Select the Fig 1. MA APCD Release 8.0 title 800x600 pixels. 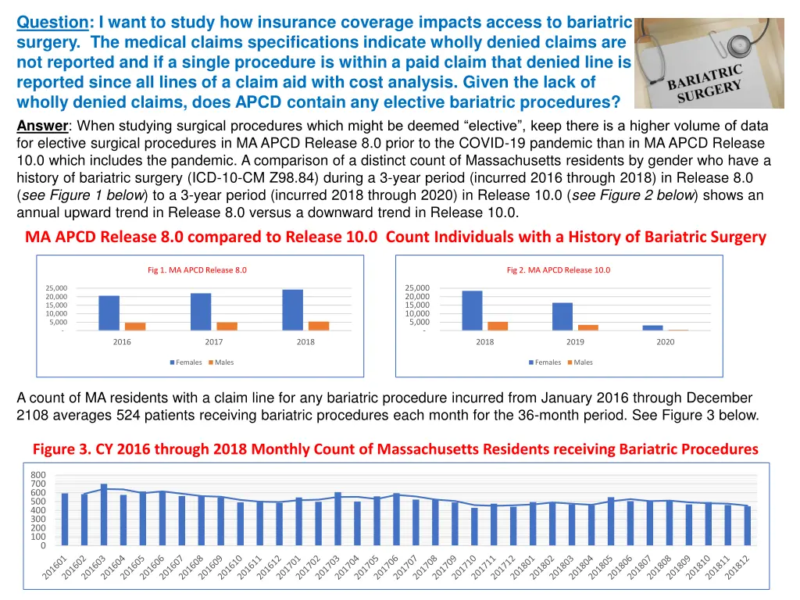tap(197, 270)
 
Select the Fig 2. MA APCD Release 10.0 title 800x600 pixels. tap(558, 270)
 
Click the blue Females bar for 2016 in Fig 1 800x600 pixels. tap(109, 312)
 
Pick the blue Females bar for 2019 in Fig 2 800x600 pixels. tap(562, 316)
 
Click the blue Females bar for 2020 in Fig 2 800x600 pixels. tap(652, 327)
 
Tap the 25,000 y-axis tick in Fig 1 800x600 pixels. tap(56, 288)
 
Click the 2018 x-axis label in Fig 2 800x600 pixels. tap(485, 342)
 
